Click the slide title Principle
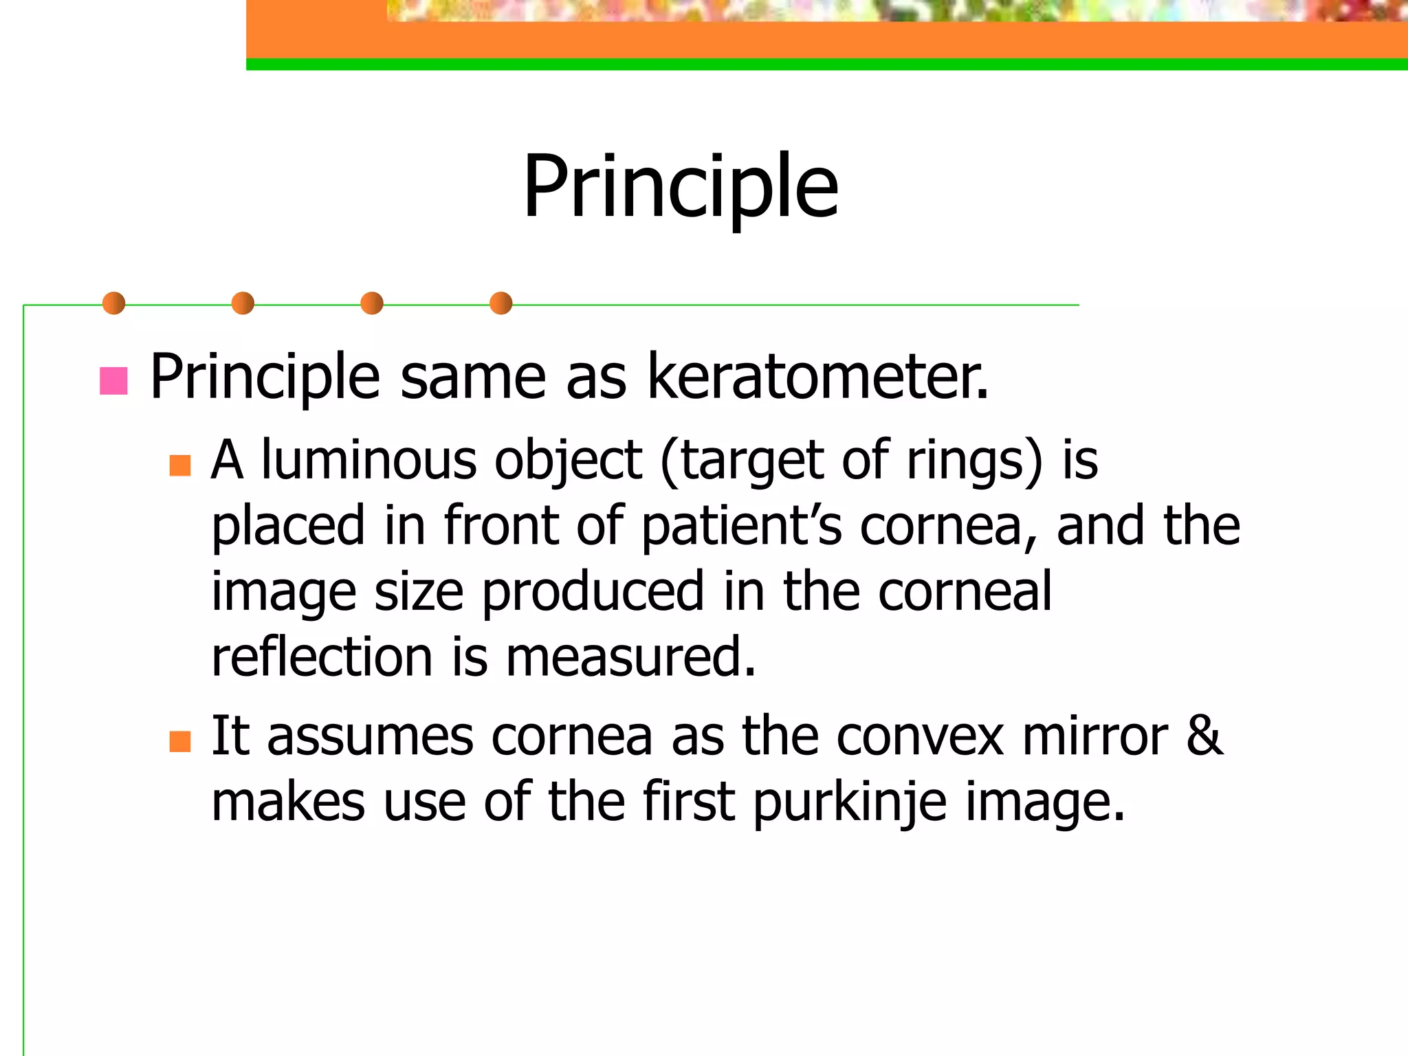[681, 187]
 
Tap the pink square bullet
[113, 381]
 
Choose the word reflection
[322, 657]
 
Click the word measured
[630, 657]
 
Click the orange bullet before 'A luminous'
[180, 465]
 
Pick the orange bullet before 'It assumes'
[180, 741]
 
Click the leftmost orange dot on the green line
[113, 303]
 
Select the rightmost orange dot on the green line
[500, 303]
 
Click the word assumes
[370, 736]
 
